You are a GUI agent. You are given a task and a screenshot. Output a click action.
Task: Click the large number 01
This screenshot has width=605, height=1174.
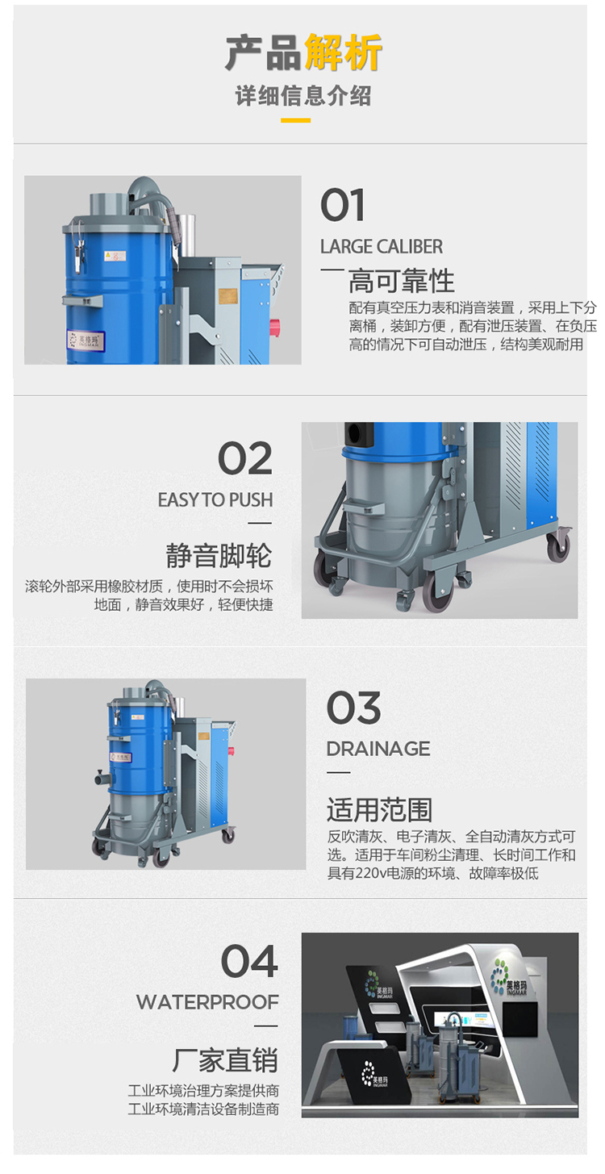[342, 205]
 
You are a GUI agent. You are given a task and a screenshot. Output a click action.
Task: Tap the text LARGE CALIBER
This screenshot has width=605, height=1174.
[382, 246]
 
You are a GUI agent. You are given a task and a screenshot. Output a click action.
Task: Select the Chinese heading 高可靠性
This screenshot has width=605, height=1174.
[401, 281]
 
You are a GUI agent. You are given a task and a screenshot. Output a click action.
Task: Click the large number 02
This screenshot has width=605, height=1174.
[244, 457]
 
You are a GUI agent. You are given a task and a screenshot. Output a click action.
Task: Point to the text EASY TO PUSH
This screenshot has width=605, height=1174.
[215, 500]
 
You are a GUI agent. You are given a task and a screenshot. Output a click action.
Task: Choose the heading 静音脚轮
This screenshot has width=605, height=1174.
[219, 555]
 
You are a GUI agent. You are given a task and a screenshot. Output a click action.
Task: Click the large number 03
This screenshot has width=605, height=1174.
[353, 708]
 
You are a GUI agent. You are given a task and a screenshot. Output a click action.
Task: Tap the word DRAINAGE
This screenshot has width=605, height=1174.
[378, 749]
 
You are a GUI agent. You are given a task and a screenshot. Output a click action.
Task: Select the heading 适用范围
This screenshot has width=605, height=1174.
[379, 810]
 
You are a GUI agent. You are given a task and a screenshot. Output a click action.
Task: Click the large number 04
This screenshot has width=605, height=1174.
[249, 961]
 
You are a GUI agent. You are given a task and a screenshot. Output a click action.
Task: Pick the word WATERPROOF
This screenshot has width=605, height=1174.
[207, 1002]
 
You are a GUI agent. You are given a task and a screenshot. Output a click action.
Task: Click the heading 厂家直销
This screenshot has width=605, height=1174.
[225, 1060]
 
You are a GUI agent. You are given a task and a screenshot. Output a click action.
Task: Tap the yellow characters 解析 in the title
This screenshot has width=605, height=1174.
[343, 52]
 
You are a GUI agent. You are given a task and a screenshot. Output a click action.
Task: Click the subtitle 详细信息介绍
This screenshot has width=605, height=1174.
[302, 96]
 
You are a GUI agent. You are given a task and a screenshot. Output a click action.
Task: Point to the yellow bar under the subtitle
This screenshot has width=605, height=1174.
[295, 120]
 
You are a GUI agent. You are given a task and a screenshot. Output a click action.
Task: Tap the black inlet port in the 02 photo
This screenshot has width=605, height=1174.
[358, 433]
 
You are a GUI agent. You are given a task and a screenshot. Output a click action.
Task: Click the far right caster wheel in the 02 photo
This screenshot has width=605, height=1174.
[558, 545]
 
